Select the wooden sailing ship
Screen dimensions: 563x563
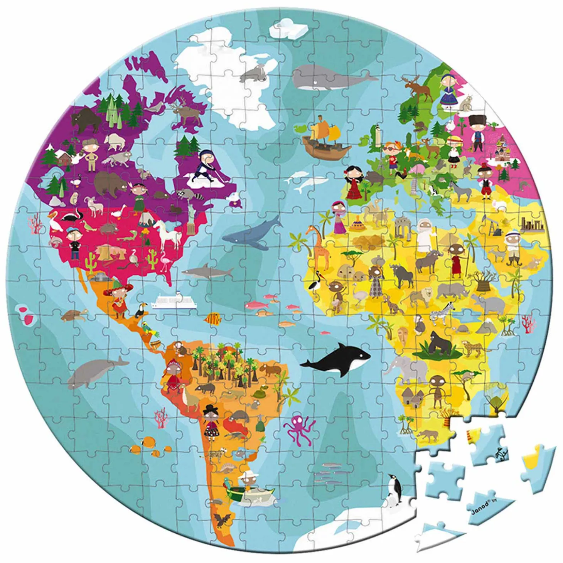pos(325,138)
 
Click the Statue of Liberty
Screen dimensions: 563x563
pos(192,219)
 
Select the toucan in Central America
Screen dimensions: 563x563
pos(140,310)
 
